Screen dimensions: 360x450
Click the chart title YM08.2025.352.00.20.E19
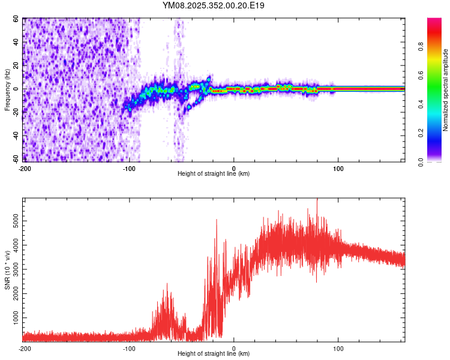(x=214, y=5)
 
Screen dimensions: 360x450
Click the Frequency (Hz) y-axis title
(x=7, y=90)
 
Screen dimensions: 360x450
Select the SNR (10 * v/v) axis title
(x=7, y=270)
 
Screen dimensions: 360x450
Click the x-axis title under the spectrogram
(x=214, y=173)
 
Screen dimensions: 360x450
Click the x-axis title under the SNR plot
(x=214, y=354)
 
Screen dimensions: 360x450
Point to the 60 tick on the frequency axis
(x=16, y=19)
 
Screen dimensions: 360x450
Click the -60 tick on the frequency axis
(x=15, y=160)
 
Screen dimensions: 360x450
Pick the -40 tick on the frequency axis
(x=15, y=136)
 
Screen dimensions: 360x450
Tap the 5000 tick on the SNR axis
(x=13, y=221)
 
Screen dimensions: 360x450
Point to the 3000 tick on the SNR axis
(x=13, y=269)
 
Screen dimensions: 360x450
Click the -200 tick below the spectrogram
(x=25, y=168)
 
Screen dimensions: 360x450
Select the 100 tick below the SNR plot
(x=338, y=348)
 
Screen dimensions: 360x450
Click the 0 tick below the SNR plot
(x=234, y=348)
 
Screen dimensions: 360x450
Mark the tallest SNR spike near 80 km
(x=317, y=200)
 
